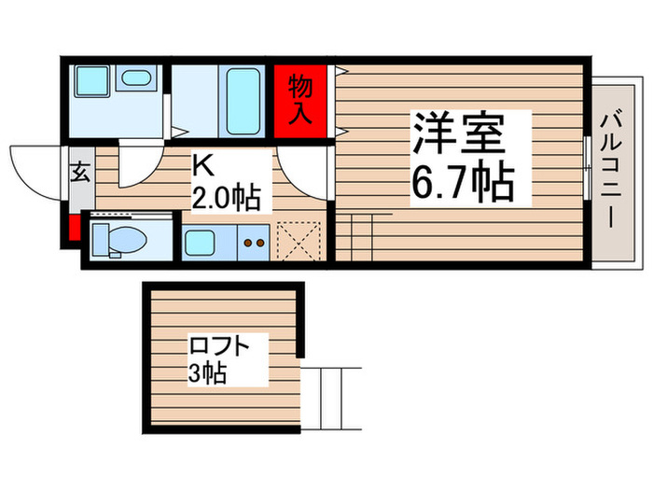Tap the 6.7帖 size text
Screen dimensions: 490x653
(x=462, y=183)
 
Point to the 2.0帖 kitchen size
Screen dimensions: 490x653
(x=225, y=197)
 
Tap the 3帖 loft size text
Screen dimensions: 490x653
(x=207, y=375)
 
